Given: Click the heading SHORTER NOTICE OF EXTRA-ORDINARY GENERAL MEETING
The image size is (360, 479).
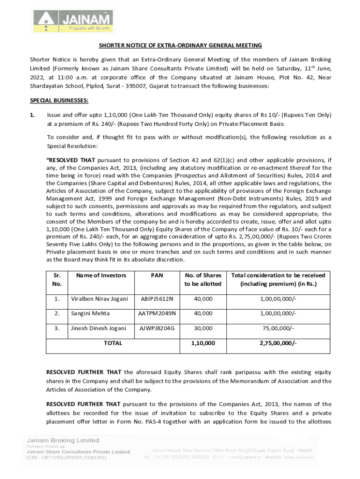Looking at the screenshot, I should (x=180, y=45).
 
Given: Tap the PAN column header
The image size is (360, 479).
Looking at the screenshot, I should (x=157, y=275).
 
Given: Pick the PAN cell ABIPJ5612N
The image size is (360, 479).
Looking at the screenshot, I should (x=157, y=298).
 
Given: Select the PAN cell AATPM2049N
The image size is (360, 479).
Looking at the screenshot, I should (x=157, y=313).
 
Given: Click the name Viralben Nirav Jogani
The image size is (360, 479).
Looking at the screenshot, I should (x=99, y=298).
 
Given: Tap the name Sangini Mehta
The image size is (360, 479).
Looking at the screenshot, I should (x=88, y=313).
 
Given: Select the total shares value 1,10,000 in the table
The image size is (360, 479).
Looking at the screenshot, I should (x=203, y=343).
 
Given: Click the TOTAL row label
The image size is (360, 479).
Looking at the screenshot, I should (x=113, y=343).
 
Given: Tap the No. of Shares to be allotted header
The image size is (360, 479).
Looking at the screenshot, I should (x=203, y=279).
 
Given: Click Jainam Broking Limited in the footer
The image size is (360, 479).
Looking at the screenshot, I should (x=62, y=440).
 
